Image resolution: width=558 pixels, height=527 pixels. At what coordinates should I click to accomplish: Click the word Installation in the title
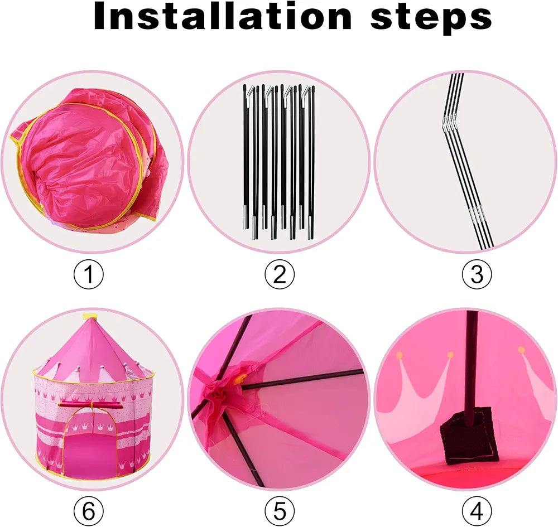tap(223, 16)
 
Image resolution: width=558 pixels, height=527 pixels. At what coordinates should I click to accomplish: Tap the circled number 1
tap(89, 274)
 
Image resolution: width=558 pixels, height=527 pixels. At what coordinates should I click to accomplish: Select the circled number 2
tap(280, 274)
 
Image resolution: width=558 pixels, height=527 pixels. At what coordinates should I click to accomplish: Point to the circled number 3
tap(477, 274)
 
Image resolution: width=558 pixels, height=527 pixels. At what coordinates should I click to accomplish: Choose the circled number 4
tap(477, 511)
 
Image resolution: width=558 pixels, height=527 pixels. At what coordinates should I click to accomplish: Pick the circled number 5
tap(280, 511)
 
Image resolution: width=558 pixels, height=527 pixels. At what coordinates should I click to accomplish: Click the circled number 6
tap(89, 511)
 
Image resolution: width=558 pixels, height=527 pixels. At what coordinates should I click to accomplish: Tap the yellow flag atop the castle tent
tap(89, 316)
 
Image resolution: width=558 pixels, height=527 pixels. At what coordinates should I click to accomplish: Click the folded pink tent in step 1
tap(89, 159)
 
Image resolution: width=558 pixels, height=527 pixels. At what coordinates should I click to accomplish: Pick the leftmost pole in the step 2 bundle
tap(245, 157)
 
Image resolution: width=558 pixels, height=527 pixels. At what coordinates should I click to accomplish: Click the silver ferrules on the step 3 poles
tap(476, 214)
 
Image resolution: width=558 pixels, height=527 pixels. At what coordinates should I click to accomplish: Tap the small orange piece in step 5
tap(243, 378)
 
